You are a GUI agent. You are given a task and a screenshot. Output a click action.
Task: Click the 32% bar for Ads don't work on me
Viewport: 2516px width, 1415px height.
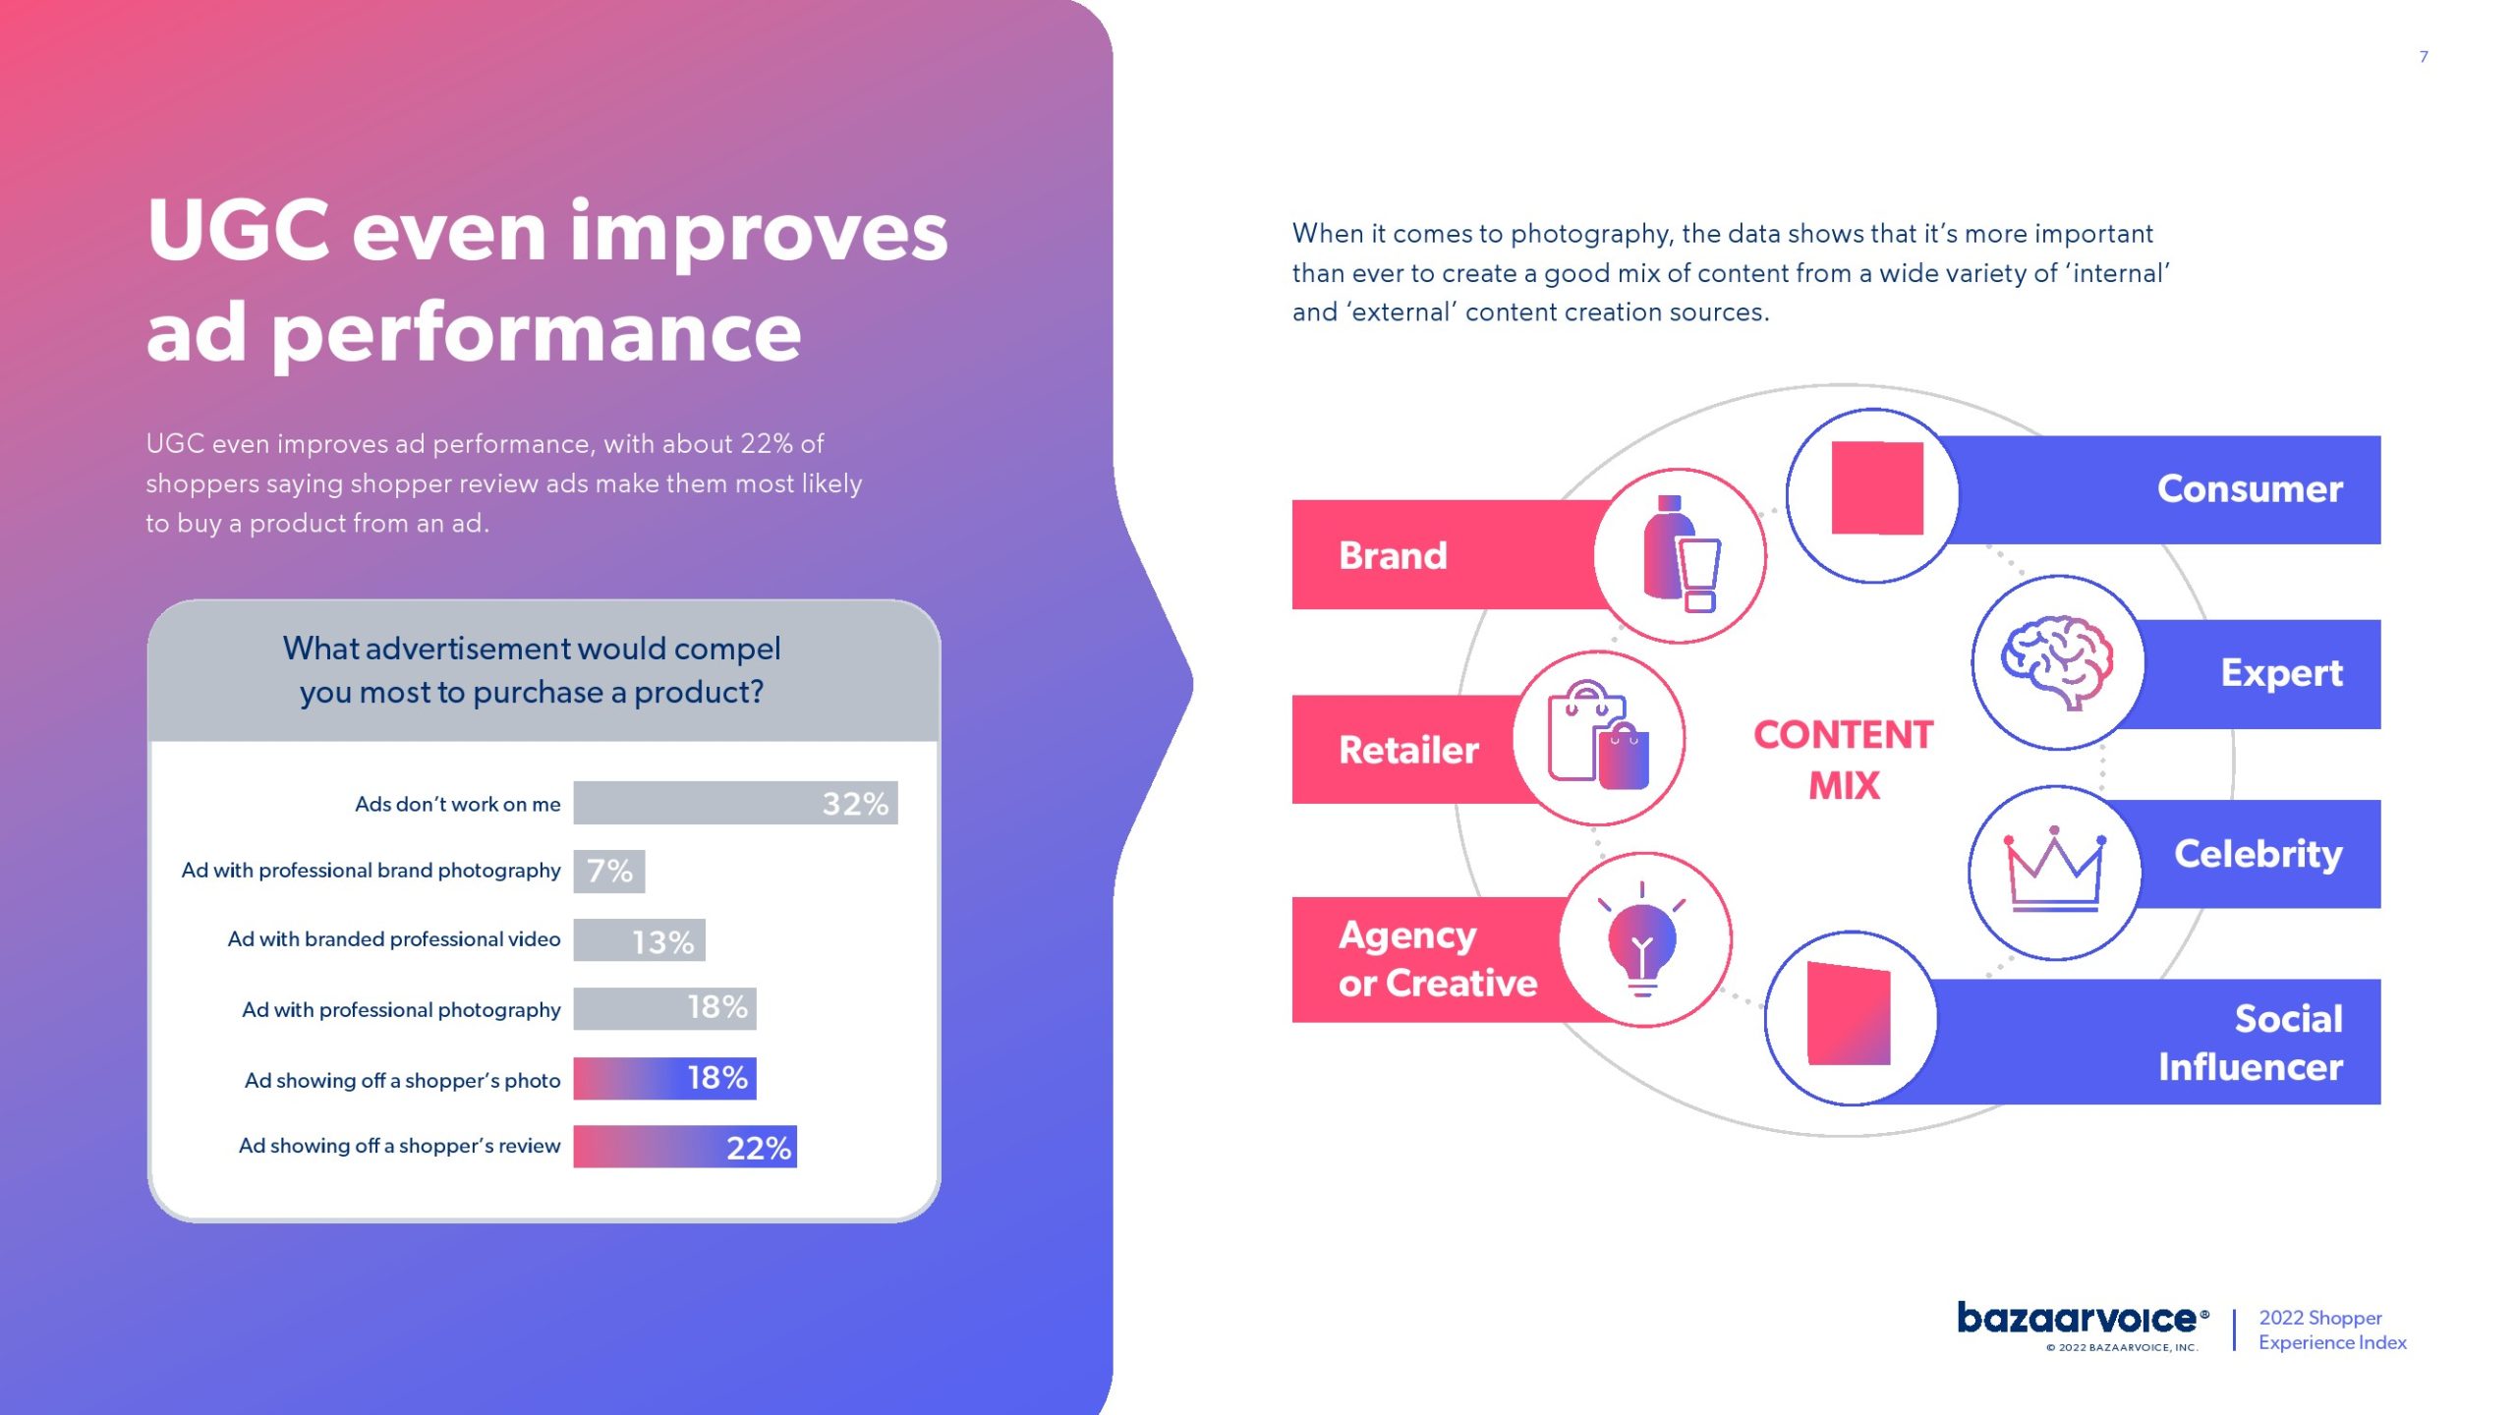pos(735,803)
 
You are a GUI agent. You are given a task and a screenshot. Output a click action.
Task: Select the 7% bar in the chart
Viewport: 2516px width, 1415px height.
pos(609,871)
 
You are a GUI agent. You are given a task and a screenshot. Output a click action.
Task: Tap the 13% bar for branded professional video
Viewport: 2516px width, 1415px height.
pos(640,940)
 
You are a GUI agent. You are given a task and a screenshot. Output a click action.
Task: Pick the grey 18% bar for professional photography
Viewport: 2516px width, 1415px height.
pos(665,1008)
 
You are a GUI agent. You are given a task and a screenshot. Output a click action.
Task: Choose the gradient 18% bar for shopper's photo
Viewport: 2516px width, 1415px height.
pos(665,1078)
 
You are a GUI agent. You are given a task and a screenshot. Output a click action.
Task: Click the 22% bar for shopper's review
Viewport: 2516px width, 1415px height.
pos(685,1147)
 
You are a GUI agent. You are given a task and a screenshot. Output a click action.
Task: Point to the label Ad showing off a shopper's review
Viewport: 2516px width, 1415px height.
pos(400,1146)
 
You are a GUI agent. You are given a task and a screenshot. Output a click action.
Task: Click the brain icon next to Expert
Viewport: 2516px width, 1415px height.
pos(2057,661)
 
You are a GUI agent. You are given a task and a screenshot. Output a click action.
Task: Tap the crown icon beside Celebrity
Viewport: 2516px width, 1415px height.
pos(2054,870)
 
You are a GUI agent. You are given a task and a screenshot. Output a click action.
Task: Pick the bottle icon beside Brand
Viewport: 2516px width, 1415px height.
pos(1682,554)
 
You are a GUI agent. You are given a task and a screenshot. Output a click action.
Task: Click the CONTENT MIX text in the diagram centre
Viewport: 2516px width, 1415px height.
pos(1844,760)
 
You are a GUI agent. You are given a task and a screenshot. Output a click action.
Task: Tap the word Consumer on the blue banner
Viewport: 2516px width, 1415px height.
pos(2250,488)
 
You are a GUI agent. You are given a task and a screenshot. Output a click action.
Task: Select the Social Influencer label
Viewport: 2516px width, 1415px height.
pos(2251,1043)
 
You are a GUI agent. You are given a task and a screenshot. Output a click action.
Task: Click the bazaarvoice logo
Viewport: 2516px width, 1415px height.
pos(2083,1320)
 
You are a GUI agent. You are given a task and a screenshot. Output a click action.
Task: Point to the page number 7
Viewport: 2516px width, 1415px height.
pos(2424,57)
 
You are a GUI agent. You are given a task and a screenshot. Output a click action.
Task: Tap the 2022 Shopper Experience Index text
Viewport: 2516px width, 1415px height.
pos(2332,1330)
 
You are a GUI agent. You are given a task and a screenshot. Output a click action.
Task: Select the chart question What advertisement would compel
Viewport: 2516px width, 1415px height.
pos(532,649)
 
